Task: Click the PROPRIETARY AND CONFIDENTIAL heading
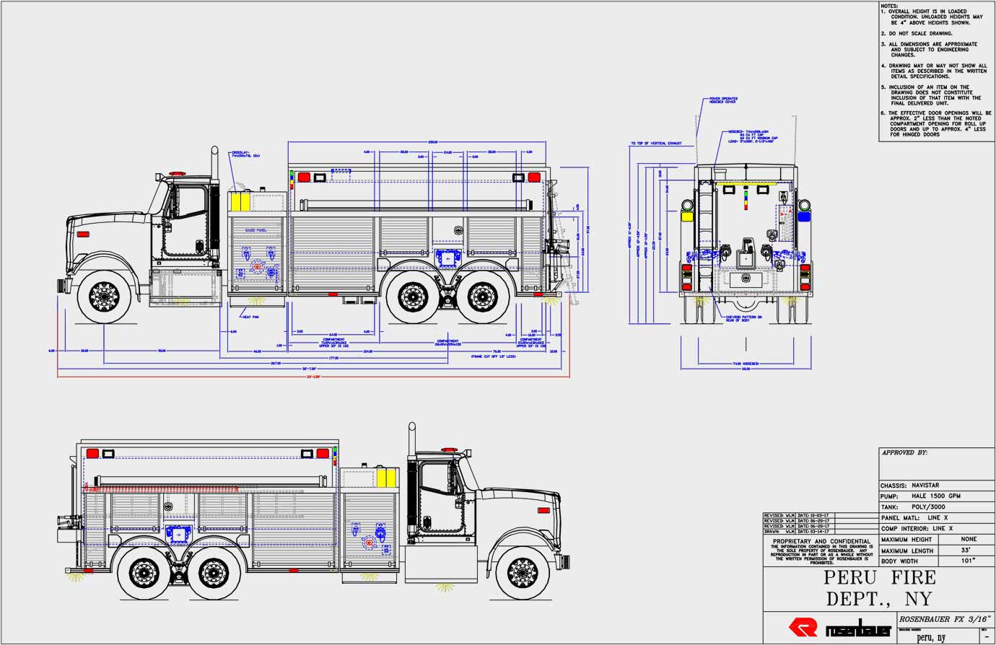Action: click(x=821, y=541)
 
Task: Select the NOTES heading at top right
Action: click(x=889, y=6)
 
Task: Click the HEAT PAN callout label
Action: click(x=250, y=317)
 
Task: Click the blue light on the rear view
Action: click(x=803, y=215)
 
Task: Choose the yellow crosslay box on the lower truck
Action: click(x=387, y=477)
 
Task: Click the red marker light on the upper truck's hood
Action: click(x=82, y=234)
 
